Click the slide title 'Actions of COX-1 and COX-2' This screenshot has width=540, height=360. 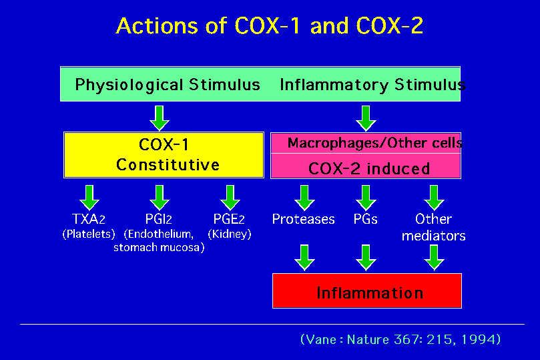coord(269,26)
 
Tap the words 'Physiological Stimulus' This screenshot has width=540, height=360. coord(168,85)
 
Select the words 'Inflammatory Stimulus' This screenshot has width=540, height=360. coord(372,85)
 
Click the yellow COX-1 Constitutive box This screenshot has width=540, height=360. coord(164,155)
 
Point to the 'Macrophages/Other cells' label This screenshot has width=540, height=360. coord(375,143)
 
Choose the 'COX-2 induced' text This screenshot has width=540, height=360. coord(369,168)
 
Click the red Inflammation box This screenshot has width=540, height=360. coord(367,291)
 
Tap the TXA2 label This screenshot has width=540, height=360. coord(89,219)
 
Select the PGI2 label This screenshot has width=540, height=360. coord(158,219)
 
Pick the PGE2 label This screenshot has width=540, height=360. coord(229,219)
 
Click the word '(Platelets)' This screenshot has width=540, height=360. coord(89,234)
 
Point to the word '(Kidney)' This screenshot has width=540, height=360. coord(230,234)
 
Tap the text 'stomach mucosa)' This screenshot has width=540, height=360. coord(159,247)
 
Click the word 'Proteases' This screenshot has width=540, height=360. coord(304,219)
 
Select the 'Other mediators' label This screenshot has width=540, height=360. coord(434,227)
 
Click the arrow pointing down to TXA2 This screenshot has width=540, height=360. coord(89,198)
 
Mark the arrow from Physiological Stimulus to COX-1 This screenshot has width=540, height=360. coord(160,118)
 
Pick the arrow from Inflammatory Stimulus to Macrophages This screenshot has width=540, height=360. coord(366,118)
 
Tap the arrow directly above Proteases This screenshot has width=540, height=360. coord(304,198)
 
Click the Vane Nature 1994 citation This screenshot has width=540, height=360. coord(400,340)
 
